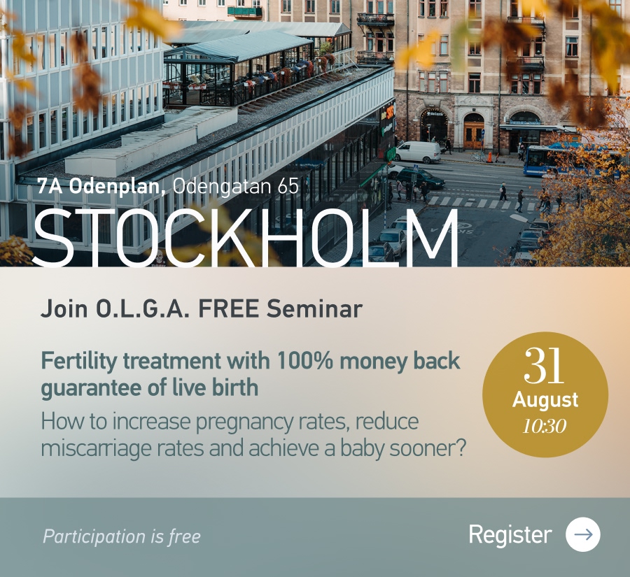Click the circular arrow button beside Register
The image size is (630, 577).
(x=582, y=534)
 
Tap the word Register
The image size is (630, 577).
(x=510, y=535)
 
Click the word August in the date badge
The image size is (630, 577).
(x=545, y=400)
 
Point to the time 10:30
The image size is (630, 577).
(x=545, y=426)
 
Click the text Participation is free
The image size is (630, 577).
(x=121, y=537)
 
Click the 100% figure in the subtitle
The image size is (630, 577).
(x=304, y=361)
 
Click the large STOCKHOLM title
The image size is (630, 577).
(x=245, y=238)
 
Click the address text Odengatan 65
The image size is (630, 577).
(x=236, y=186)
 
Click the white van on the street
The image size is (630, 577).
(x=419, y=152)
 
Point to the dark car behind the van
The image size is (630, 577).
(x=420, y=178)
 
